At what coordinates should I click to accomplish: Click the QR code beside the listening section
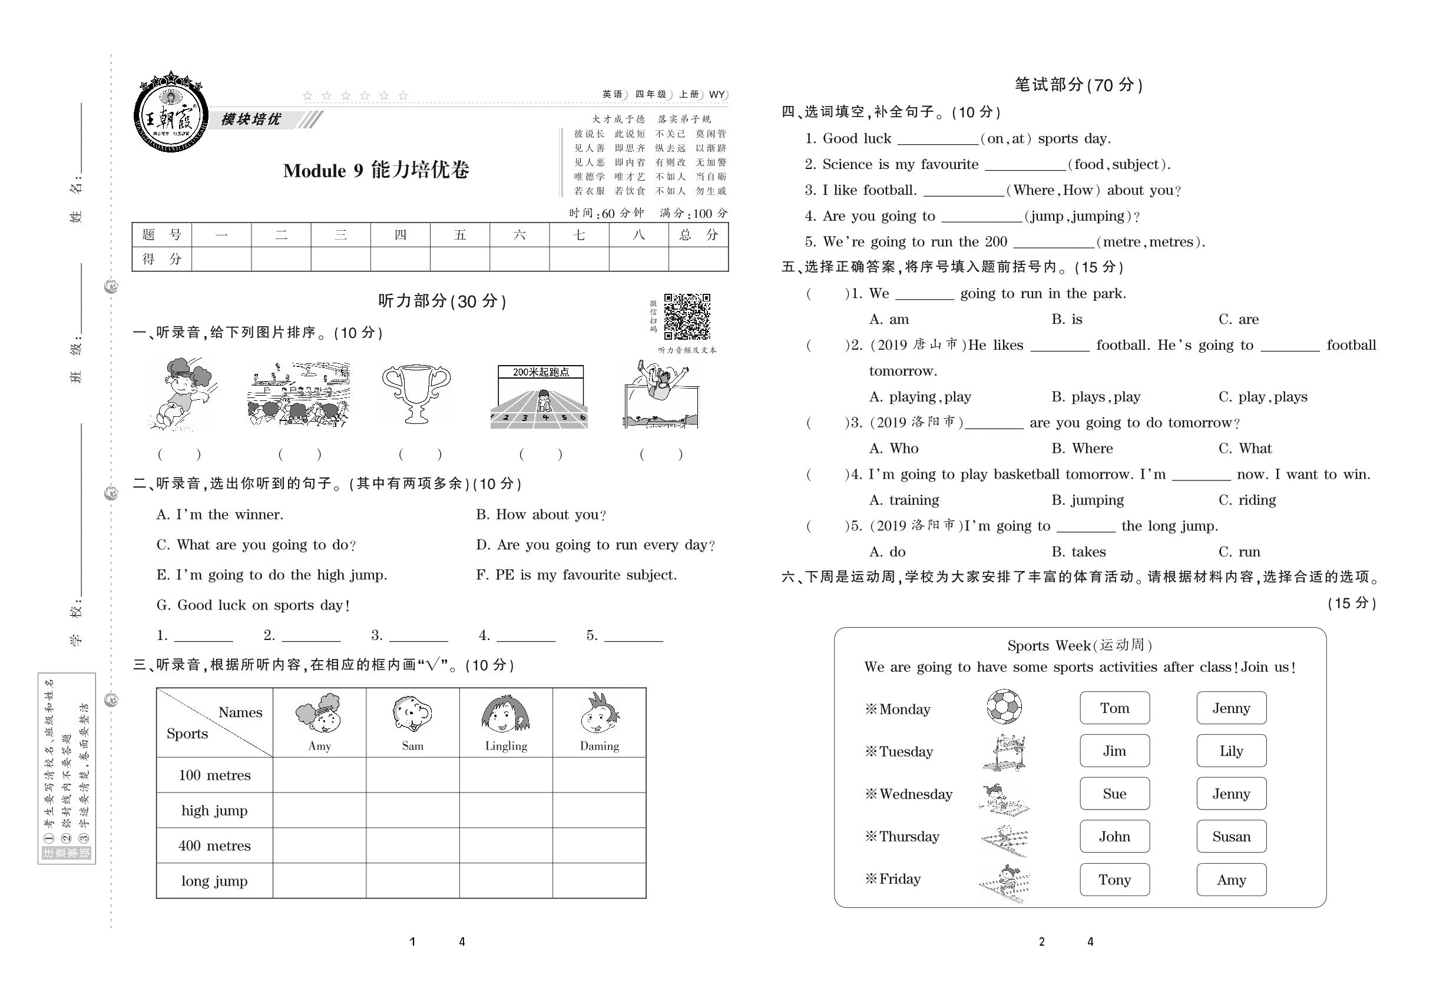pyautogui.click(x=687, y=316)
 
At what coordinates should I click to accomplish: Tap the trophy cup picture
pyautogui.click(x=416, y=393)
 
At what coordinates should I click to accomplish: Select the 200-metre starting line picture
pyautogui.click(x=540, y=396)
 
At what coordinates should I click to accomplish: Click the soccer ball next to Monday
pyautogui.click(x=1003, y=707)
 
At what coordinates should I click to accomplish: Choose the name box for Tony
pyautogui.click(x=1114, y=879)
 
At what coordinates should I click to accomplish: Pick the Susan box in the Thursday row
pyautogui.click(x=1231, y=837)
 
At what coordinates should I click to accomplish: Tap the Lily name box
pyautogui.click(x=1231, y=751)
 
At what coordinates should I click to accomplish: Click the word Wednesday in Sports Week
pyautogui.click(x=915, y=794)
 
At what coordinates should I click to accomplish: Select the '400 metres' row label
pyautogui.click(x=214, y=846)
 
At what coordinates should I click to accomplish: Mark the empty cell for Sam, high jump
pyautogui.click(x=413, y=810)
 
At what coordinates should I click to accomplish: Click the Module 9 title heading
pyautogui.click(x=376, y=171)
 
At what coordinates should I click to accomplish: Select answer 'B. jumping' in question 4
pyautogui.click(x=1087, y=500)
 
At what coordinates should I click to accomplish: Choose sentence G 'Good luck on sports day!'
pyautogui.click(x=253, y=605)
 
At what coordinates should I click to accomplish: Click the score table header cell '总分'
pyautogui.click(x=699, y=235)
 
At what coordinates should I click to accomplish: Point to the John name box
pyautogui.click(x=1114, y=837)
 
